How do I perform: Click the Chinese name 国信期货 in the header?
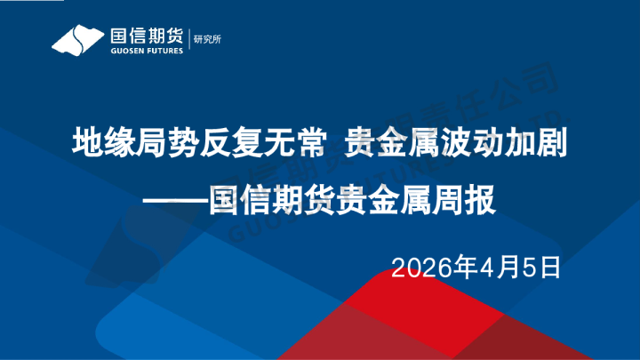(x=146, y=36)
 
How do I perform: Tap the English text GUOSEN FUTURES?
(x=146, y=52)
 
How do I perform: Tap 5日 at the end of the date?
(x=540, y=266)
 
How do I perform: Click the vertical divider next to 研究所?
(x=188, y=39)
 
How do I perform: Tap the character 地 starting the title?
(x=86, y=143)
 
